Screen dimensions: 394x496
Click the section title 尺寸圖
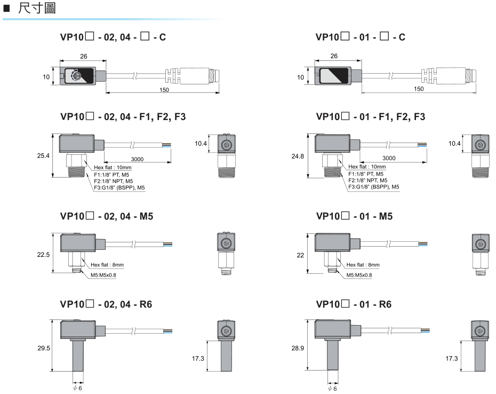tap(35, 9)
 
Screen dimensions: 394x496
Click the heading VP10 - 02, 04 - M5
tap(108, 216)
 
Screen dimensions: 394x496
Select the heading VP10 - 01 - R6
tap(354, 304)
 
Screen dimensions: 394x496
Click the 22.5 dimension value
tap(44, 255)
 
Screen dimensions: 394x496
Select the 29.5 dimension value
tap(44, 348)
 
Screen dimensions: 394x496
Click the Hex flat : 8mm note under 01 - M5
tap(363, 264)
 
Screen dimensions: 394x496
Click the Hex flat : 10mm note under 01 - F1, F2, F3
tap(367, 167)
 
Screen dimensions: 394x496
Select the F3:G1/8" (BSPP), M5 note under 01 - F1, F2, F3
tap(373, 187)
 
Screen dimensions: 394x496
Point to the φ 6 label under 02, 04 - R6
tap(78, 388)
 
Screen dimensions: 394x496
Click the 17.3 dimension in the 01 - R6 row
tap(451, 358)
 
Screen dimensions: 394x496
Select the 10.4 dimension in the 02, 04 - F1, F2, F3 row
tap(201, 144)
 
